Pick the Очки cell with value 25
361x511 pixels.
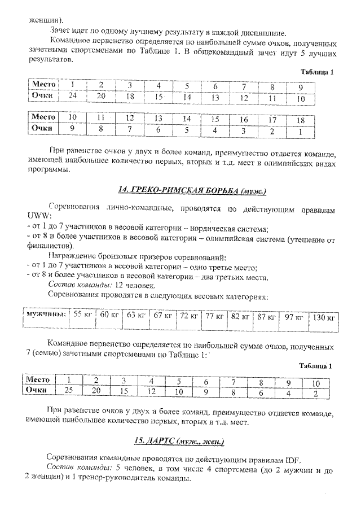(x=69, y=389)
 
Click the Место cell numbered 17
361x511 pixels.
(x=272, y=120)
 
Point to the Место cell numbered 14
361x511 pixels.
(x=186, y=119)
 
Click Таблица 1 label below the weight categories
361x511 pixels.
(x=316, y=366)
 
